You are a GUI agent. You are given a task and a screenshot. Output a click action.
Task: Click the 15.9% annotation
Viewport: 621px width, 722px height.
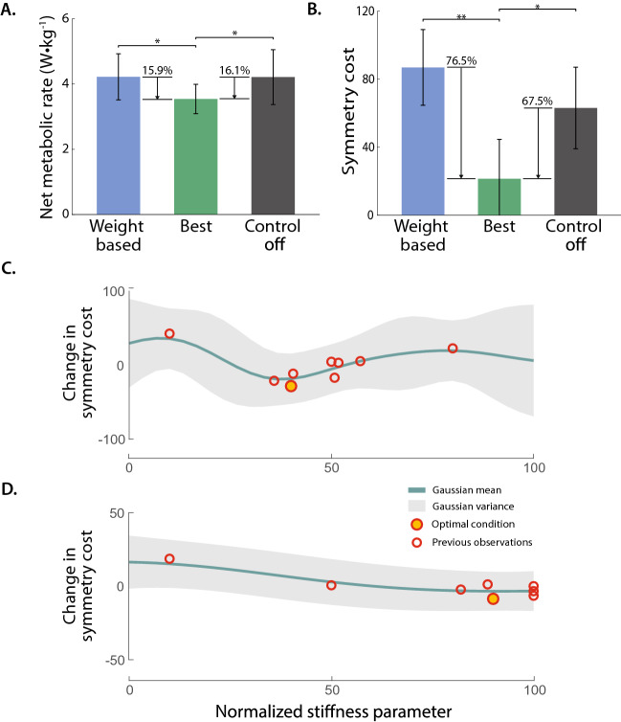158,70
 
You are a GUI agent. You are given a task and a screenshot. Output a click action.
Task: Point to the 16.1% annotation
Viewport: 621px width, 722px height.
234,70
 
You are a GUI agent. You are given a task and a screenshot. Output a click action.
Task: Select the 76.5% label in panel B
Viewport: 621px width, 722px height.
462,60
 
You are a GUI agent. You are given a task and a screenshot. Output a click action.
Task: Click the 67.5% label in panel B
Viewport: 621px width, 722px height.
541,101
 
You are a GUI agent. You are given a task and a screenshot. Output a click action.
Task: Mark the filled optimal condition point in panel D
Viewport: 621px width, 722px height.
493,598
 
